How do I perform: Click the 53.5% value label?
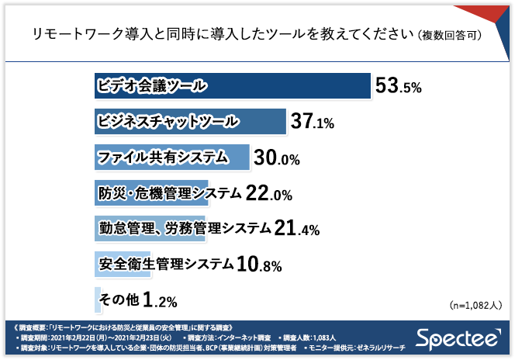(x=398, y=86)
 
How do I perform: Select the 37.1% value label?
(x=312, y=122)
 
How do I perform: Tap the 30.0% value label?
(x=277, y=158)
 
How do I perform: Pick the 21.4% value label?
(x=297, y=229)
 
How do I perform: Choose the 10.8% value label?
(x=258, y=265)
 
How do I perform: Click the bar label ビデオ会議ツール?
(x=152, y=86)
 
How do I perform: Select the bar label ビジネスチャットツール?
(x=168, y=122)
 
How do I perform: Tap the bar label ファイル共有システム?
(x=163, y=157)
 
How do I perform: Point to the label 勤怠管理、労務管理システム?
(x=185, y=229)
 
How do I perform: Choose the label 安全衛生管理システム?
(x=167, y=265)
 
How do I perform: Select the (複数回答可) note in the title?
(x=447, y=36)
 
